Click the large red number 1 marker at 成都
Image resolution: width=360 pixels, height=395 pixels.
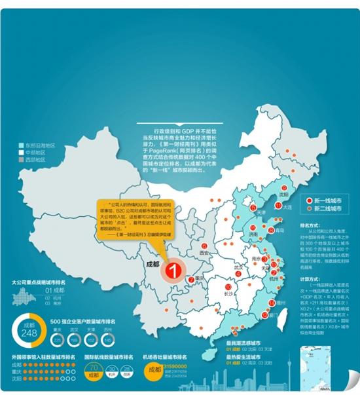coord(174,269)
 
